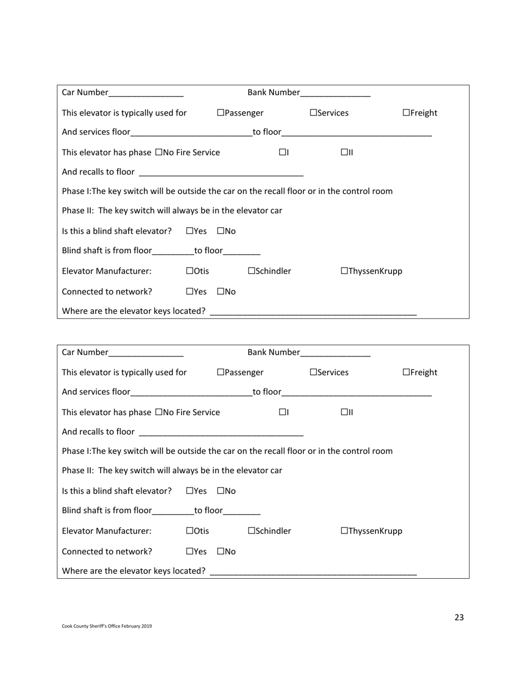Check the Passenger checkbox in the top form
pyautogui.click(x=220, y=113)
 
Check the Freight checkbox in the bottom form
pyautogui.click(x=406, y=373)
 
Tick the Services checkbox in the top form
pyautogui.click(x=313, y=113)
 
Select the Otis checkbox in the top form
pyautogui.click(x=190, y=271)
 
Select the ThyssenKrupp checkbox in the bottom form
pyautogui.click(x=344, y=531)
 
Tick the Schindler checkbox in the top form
pyautogui.click(x=251, y=271)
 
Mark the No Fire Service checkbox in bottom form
pyautogui.click(x=159, y=412)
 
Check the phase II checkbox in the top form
pyautogui.click(x=344, y=152)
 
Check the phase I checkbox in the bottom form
pyautogui.click(x=282, y=412)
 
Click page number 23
pyautogui.click(x=459, y=618)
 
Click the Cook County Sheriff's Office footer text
pyautogui.click(x=107, y=626)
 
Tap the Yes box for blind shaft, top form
pyautogui.click(x=190, y=231)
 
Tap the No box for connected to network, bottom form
pyautogui.click(x=220, y=551)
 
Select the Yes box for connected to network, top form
pyautogui.click(x=190, y=291)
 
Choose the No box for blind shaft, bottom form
pyautogui.click(x=220, y=491)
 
